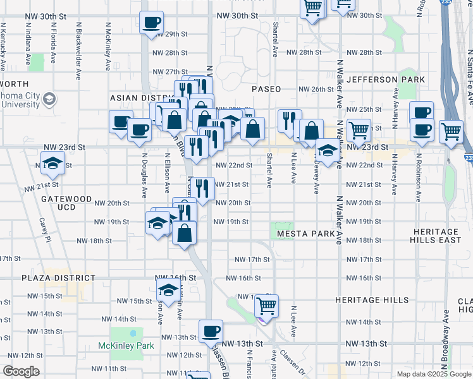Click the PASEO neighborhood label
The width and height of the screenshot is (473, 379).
pos(266,89)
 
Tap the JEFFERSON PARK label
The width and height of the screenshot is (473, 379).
pos(386,80)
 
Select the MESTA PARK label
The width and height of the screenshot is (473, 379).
pos(305,234)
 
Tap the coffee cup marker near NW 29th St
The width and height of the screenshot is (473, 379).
pos(151,23)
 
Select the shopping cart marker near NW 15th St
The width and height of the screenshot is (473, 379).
pos(267,307)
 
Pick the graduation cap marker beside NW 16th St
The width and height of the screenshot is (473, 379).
pos(168,289)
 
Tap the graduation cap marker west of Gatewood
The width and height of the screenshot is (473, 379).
pos(53,162)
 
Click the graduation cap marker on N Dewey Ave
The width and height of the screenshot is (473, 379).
pos(327,151)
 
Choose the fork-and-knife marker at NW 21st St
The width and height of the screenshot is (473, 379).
pos(202,188)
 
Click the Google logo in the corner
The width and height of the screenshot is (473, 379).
pos(21,371)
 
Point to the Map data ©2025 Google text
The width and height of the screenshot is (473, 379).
pos(433,374)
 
